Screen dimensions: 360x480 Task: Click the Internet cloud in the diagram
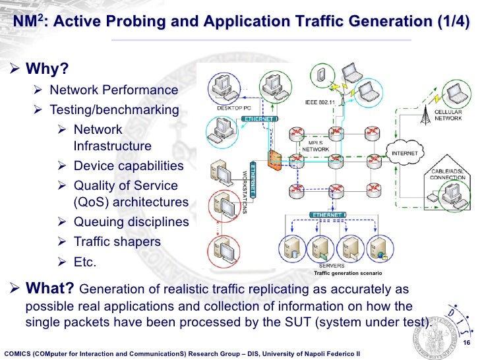404,154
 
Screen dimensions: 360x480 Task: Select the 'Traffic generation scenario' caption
347,273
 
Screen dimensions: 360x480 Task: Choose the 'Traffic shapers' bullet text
117,241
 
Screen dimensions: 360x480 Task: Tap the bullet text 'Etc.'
85,262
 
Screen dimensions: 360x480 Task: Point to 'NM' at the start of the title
24,22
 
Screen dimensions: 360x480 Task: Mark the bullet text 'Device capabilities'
129,165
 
